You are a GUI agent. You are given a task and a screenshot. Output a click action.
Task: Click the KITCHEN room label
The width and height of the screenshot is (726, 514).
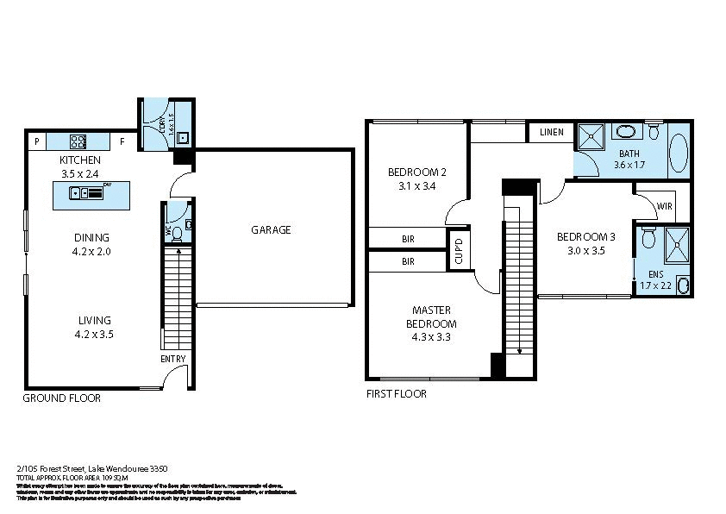point(80,160)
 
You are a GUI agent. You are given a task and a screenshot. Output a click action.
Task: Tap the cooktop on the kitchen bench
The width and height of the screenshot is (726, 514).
point(77,141)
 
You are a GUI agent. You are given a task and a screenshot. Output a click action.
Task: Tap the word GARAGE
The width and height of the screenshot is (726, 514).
point(271,229)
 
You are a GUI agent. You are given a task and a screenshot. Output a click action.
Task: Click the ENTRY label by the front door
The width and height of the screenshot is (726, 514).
point(172,359)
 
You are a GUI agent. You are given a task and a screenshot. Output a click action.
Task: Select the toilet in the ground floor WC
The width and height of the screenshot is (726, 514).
point(177,231)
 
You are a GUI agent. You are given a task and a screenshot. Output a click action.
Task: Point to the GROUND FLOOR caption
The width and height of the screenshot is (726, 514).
point(61,398)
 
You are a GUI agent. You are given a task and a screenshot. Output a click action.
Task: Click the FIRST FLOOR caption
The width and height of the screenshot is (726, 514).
point(397,393)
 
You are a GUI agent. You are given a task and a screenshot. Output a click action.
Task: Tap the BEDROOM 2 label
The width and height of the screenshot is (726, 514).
point(416,171)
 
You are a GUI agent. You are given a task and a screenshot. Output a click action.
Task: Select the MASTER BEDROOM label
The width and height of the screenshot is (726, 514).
point(432,317)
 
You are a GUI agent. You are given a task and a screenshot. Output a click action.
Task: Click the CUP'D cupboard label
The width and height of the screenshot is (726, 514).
point(459,249)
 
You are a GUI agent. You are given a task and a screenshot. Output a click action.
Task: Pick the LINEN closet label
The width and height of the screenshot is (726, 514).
point(552,132)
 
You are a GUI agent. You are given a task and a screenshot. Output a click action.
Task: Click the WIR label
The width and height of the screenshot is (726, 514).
point(664,207)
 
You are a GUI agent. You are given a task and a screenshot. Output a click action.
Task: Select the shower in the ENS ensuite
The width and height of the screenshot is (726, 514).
point(674,242)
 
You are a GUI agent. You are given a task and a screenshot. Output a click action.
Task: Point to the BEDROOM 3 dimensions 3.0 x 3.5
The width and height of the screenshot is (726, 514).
point(585,252)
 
